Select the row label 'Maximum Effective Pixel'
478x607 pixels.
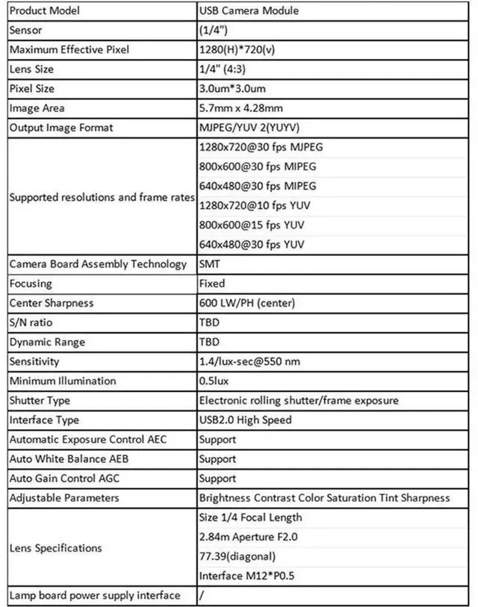click(x=69, y=50)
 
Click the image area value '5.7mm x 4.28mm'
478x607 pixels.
click(x=240, y=108)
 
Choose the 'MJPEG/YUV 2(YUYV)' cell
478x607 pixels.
click(x=249, y=128)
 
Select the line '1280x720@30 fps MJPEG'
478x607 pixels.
click(x=261, y=147)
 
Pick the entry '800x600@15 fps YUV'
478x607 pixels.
click(x=252, y=225)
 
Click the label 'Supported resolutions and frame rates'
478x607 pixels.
click(x=102, y=197)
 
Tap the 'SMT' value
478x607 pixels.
click(x=210, y=264)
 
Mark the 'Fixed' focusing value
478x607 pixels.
click(x=212, y=284)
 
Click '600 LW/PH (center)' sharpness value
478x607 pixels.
click(x=247, y=303)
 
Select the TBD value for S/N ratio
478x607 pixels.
click(x=210, y=323)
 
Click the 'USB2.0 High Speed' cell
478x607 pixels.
click(x=245, y=420)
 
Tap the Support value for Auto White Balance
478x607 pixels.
click(x=217, y=459)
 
